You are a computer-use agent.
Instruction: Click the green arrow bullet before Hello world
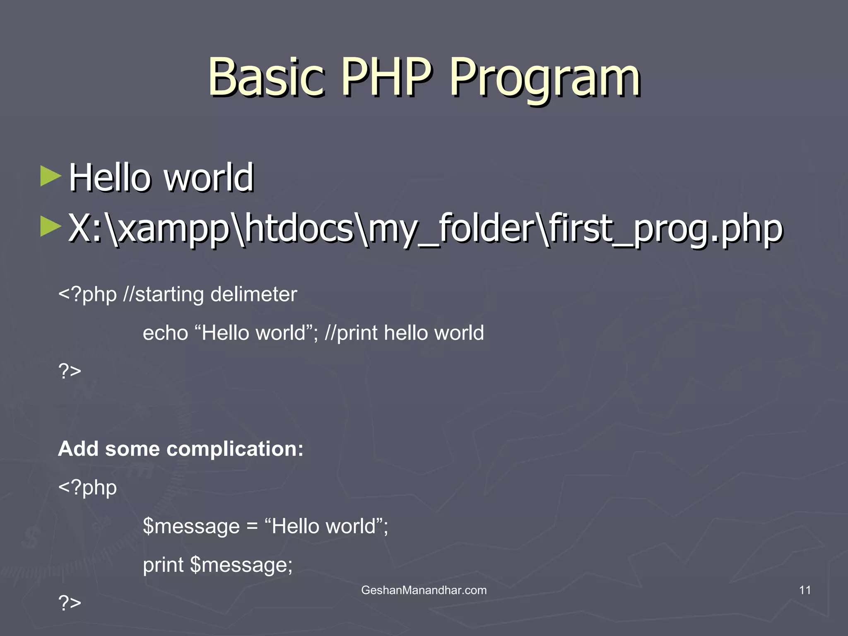[51, 177]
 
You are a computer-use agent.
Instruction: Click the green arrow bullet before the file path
[51, 227]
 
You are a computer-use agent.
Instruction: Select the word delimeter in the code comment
[253, 294]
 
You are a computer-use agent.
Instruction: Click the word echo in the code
[165, 333]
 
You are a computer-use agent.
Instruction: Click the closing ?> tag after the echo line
[70, 371]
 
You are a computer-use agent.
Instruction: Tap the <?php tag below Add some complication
[87, 487]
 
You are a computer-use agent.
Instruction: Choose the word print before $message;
[163, 565]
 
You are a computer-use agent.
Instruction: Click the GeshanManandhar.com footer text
[424, 590]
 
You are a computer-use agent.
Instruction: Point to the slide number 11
[805, 590]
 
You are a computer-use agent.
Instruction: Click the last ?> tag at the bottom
[70, 603]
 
